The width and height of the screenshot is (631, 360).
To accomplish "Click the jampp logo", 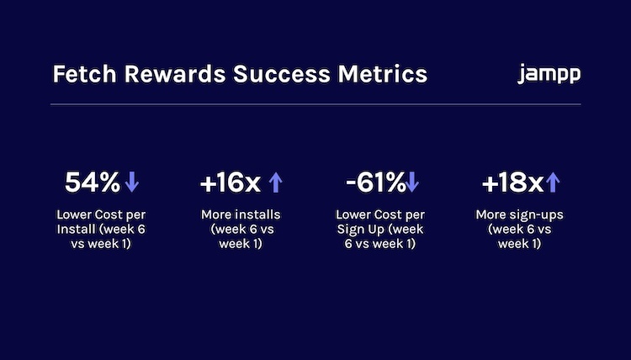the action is [x=549, y=74].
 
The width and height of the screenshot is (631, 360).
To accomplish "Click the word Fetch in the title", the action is [x=84, y=74].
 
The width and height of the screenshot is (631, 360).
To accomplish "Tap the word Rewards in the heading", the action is [x=175, y=74].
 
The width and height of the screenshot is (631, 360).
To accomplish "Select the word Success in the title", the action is [x=282, y=74].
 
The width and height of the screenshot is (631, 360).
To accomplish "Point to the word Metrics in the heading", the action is [x=382, y=74].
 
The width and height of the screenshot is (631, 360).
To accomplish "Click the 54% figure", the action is [x=93, y=183].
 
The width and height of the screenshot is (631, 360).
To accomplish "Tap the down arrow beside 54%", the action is [x=132, y=182].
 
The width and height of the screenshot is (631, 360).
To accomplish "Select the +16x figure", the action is [x=231, y=183].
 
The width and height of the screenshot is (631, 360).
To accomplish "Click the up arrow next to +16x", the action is [x=275, y=183].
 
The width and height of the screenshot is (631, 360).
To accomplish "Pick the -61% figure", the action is [x=375, y=183].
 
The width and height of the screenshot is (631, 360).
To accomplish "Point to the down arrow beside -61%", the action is [x=412, y=182].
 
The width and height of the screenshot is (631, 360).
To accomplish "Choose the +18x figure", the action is [x=513, y=183].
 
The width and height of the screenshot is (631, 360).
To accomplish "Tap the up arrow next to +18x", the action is [x=553, y=183].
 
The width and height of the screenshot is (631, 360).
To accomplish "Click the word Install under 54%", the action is [x=76, y=230].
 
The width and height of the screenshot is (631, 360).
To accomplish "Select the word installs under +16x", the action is [x=257, y=214].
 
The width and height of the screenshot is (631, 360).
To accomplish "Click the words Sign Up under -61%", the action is [x=361, y=230].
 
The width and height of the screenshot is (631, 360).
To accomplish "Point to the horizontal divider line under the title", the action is [x=315, y=104].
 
